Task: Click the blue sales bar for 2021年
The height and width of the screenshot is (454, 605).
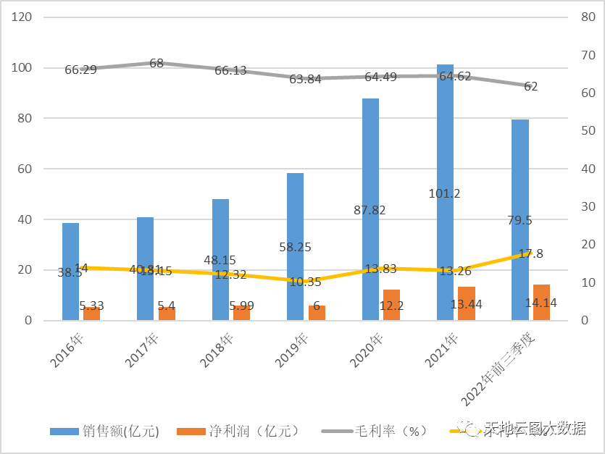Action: coord(445,145)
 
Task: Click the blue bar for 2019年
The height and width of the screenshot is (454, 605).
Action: coord(295,217)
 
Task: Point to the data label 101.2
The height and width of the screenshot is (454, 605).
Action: coord(444,193)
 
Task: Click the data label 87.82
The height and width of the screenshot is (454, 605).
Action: coord(370,210)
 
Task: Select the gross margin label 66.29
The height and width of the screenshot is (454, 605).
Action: coord(80,70)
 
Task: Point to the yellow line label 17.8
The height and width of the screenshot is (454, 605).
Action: coord(531,253)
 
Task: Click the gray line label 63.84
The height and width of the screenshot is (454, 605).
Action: coord(305,80)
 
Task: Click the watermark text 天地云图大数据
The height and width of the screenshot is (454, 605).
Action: coord(535,428)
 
